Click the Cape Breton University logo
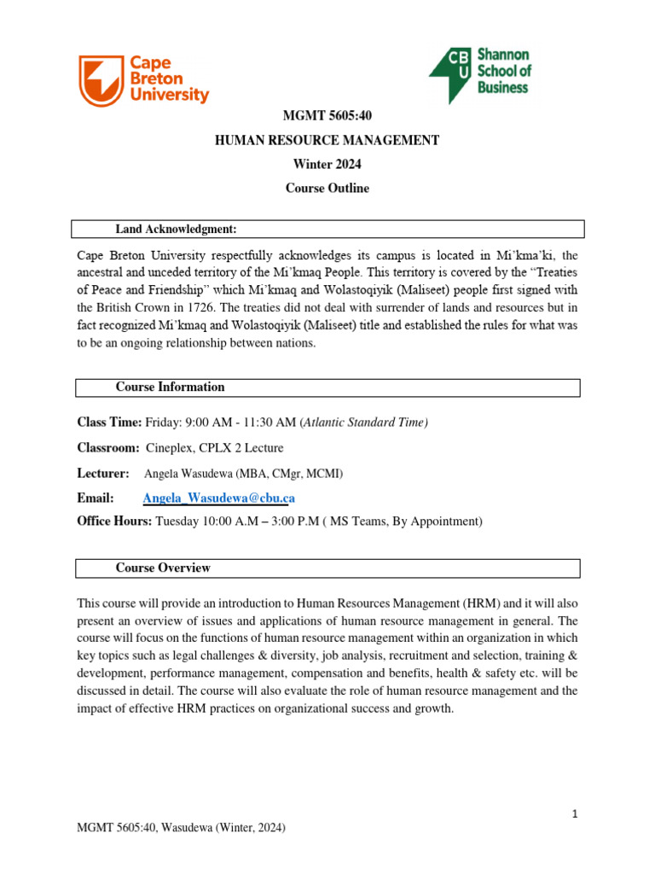[143, 79]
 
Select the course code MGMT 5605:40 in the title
[327, 116]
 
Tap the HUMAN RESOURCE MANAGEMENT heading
[327, 140]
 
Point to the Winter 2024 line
[327, 164]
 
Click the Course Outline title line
[327, 188]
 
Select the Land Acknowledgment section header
[176, 229]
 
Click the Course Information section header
[170, 387]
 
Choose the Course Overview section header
[163, 568]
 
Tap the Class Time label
[109, 422]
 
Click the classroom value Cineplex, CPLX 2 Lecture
[215, 448]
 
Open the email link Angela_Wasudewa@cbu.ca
[219, 498]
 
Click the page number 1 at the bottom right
[576, 814]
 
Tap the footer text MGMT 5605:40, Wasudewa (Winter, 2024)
[181, 828]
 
